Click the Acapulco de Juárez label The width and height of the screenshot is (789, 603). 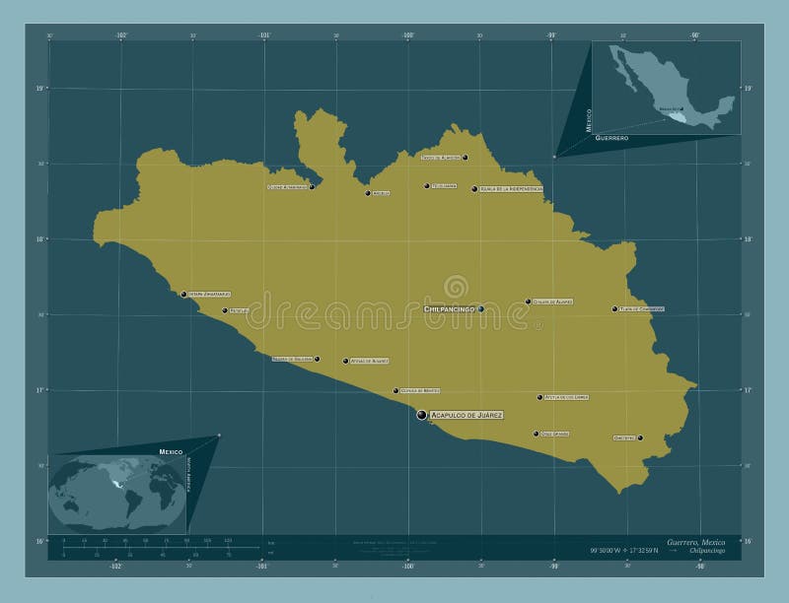(x=467, y=416)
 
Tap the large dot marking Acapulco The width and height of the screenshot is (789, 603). (x=422, y=416)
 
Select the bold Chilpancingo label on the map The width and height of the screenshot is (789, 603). (x=450, y=309)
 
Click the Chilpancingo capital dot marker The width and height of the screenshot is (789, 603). (x=481, y=309)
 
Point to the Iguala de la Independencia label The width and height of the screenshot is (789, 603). (x=511, y=189)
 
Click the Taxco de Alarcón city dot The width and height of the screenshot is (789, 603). (x=465, y=158)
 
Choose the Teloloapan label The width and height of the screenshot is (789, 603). (x=445, y=185)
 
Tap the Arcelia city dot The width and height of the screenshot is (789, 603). (x=368, y=193)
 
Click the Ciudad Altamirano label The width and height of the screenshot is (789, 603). (x=288, y=186)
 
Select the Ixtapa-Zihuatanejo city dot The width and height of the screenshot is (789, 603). (x=183, y=294)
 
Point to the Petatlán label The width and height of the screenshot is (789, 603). (x=240, y=310)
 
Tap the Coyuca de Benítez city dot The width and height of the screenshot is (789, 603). (x=396, y=391)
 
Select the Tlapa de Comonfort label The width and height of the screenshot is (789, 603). (x=642, y=308)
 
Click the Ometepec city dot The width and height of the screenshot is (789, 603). (x=640, y=437)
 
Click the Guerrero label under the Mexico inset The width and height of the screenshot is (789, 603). (x=612, y=139)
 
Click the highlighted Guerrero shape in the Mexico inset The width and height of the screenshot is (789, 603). (x=676, y=116)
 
